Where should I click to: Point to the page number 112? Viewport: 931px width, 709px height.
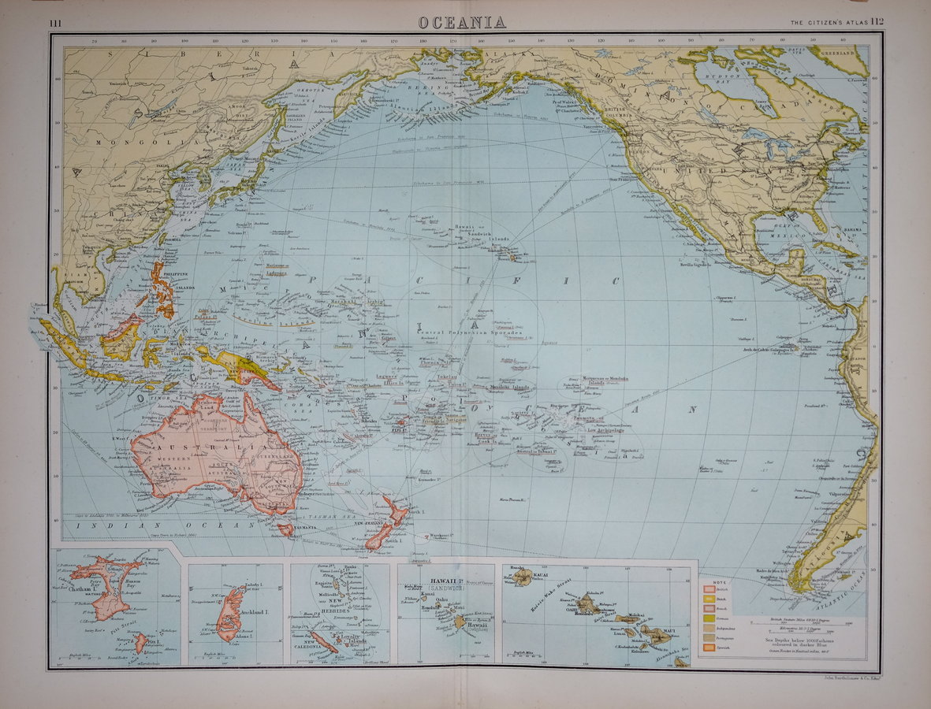(x=873, y=23)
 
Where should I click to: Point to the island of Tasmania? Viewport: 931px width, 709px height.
(x=285, y=529)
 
